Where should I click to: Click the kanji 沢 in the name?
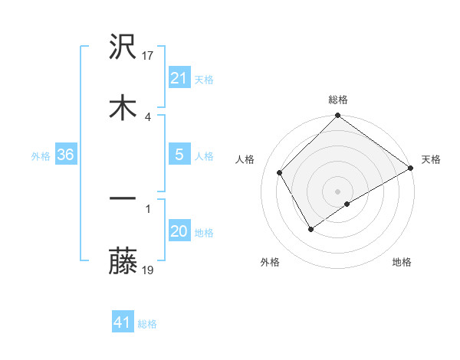[123, 48]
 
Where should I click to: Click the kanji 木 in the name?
[123, 108]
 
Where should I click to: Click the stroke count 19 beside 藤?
[149, 270]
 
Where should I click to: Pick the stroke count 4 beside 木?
[147, 116]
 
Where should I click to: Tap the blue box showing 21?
[179, 78]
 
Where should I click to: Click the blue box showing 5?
[179, 155]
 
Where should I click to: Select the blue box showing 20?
[179, 231]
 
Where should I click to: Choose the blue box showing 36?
[66, 155]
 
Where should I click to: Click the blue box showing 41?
[123, 322]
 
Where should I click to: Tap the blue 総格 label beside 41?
[147, 324]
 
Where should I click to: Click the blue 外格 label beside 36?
[41, 156]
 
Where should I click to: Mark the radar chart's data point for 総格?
[337, 116]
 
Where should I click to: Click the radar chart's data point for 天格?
[411, 168]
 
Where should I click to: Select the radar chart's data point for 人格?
[280, 172]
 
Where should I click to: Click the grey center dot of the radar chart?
[337, 191]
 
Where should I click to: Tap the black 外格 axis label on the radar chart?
[270, 262]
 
